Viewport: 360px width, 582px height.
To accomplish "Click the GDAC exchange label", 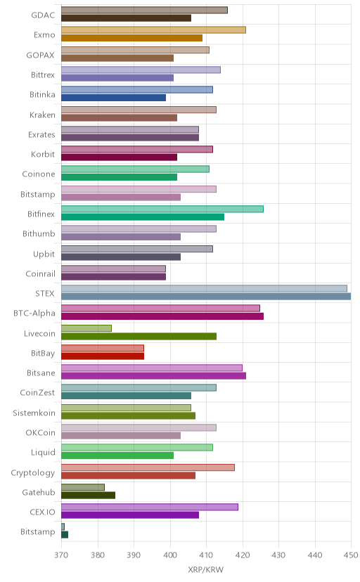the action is [x=43, y=15].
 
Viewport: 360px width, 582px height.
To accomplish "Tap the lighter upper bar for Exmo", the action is [x=153, y=30].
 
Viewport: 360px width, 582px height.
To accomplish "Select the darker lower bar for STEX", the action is [x=206, y=296].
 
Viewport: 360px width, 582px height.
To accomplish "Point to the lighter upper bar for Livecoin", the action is [x=86, y=328].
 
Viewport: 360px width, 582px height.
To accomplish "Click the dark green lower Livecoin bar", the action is [x=139, y=336].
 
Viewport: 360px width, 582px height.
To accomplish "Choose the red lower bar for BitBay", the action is [x=103, y=356].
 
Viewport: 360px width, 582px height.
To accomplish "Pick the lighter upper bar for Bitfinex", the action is [x=162, y=209].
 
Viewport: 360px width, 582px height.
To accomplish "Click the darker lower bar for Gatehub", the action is [x=88, y=495].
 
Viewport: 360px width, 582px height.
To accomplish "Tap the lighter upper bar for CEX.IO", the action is [x=150, y=507].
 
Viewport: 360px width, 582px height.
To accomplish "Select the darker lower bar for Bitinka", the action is [x=114, y=98].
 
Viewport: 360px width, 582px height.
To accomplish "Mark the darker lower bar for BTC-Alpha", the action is [x=162, y=316].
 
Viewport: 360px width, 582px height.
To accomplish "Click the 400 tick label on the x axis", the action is [x=170, y=555].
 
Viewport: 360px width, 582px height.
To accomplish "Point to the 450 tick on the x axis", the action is [x=351, y=555].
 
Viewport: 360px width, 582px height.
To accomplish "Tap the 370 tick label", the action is [x=61, y=555].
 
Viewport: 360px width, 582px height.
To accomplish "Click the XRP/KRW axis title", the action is [x=206, y=570].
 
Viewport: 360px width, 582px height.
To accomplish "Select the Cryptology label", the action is [x=33, y=473].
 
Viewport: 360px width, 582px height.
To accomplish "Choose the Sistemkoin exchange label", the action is [x=34, y=413].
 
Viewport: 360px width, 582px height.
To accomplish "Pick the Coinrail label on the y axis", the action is [x=41, y=274].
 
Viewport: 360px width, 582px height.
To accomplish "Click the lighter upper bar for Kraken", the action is [x=139, y=110].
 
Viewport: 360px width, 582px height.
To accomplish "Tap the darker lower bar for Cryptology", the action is [x=128, y=475].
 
